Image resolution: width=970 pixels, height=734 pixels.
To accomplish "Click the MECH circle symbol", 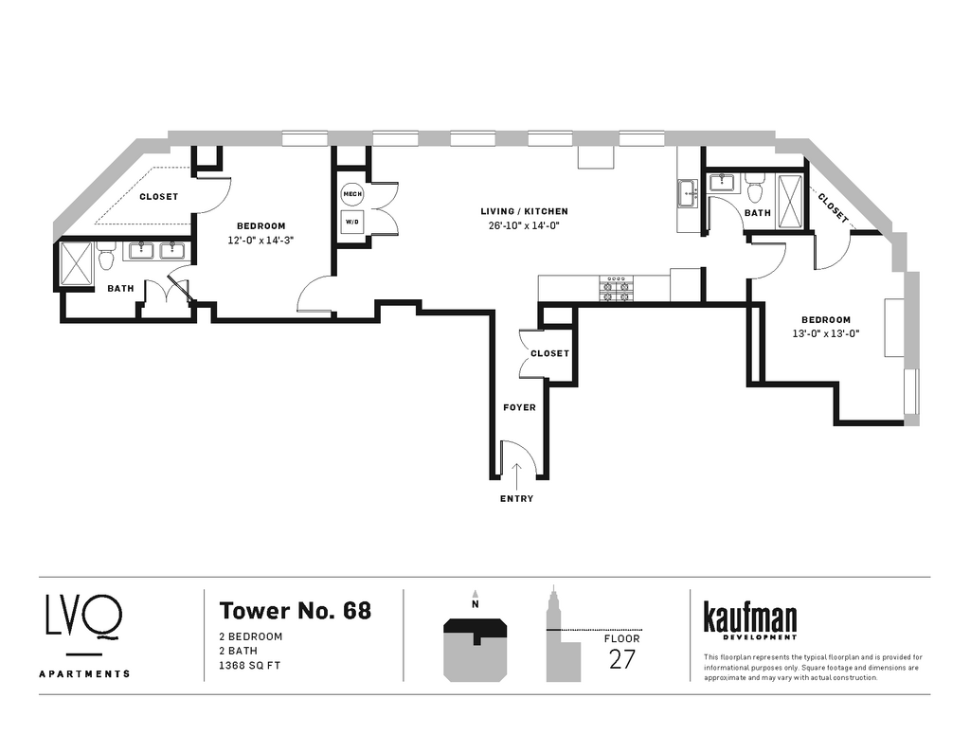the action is tap(352, 194).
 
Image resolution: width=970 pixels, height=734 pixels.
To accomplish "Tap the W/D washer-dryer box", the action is tap(352, 222).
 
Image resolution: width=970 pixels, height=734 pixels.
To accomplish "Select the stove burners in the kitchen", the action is tap(617, 288).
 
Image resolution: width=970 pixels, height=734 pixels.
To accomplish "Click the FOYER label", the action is tap(519, 407).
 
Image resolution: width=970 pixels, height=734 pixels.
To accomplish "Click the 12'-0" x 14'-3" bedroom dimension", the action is tap(260, 240).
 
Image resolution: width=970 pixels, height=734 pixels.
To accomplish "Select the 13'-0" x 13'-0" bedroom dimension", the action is tap(826, 334).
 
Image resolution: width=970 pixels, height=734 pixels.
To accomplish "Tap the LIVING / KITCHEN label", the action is tap(524, 211).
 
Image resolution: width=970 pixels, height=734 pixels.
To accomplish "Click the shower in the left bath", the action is tap(76, 264).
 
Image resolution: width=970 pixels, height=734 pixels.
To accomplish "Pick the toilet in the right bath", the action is tap(754, 188).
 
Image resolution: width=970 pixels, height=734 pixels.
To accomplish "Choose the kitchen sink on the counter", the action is tap(688, 193).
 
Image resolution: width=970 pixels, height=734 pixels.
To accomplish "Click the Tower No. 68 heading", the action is tap(296, 610).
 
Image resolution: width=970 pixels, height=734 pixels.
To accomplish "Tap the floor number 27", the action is tap(621, 660).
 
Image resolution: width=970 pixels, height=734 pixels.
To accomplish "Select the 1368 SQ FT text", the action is tap(250, 666).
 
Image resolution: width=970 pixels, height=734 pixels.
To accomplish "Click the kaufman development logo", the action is tap(750, 620).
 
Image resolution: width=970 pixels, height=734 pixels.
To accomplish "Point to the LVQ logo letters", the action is tap(83, 616).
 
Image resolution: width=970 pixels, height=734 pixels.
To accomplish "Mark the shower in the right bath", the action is tap(790, 202).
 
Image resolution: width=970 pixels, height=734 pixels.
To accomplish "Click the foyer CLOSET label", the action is tap(549, 353).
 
